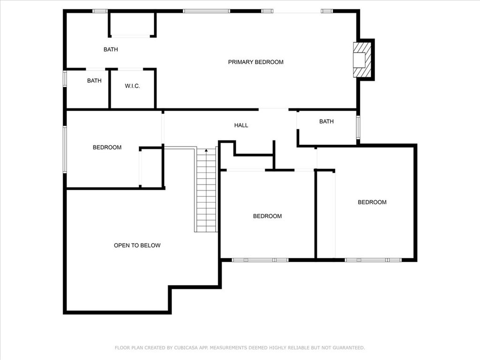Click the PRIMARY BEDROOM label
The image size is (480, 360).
click(x=255, y=62)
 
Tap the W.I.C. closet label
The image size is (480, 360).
click(x=132, y=86)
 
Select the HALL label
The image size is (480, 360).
click(x=241, y=125)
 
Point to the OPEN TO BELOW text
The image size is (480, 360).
click(x=137, y=245)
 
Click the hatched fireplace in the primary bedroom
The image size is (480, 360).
click(x=362, y=60)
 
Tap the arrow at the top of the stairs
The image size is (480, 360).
click(x=206, y=150)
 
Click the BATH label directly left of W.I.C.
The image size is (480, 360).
click(x=94, y=81)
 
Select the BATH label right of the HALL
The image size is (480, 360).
click(x=326, y=121)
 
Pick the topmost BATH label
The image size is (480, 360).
click(x=111, y=49)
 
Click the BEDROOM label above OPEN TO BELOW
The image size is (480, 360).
click(x=107, y=147)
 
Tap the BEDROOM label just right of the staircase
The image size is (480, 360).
click(x=267, y=216)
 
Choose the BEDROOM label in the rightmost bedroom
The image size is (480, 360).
click(x=372, y=202)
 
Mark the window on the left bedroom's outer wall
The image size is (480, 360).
click(x=65, y=150)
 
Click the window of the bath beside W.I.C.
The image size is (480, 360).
click(x=65, y=79)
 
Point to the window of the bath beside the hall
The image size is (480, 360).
click(x=358, y=127)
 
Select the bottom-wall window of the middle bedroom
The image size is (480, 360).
click(x=260, y=260)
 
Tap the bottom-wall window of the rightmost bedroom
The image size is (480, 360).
click(x=373, y=260)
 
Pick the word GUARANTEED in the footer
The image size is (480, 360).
click(x=349, y=348)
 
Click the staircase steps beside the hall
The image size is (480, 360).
click(x=206, y=190)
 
